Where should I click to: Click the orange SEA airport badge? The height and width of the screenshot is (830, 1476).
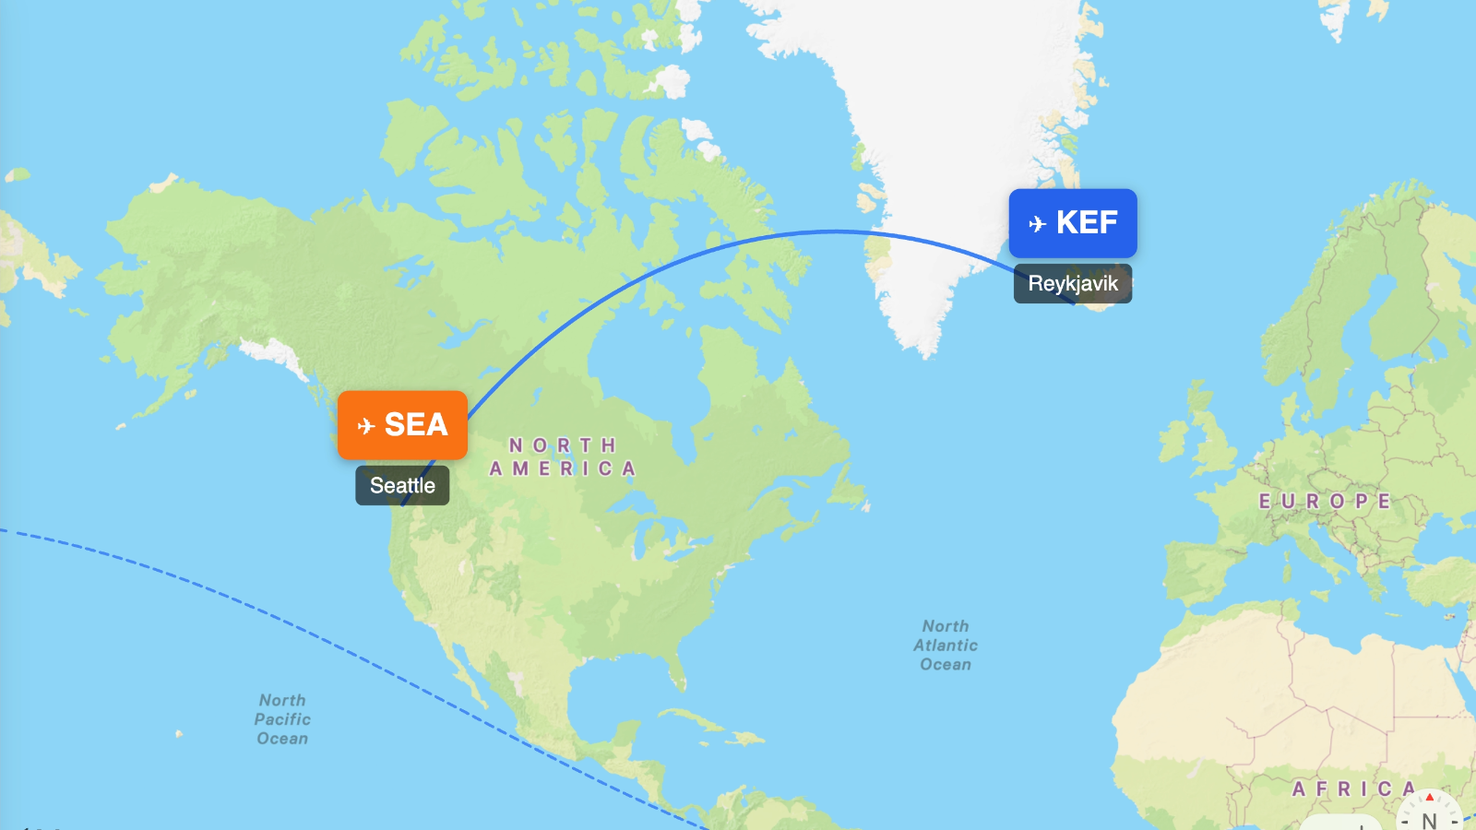[402, 425]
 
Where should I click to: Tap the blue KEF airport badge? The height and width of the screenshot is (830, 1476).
[1073, 223]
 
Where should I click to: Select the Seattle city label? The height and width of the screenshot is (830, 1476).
[402, 486]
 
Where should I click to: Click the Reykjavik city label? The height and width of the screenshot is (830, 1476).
[1073, 283]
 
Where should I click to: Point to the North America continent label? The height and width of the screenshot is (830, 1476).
[563, 456]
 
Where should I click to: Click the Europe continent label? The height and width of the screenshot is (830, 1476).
[1325, 502]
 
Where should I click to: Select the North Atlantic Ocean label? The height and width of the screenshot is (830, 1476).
[946, 645]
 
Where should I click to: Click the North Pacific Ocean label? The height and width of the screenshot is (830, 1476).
[282, 719]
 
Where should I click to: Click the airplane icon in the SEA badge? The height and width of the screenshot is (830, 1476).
[366, 425]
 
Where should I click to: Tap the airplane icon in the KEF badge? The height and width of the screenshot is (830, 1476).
[1037, 223]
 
